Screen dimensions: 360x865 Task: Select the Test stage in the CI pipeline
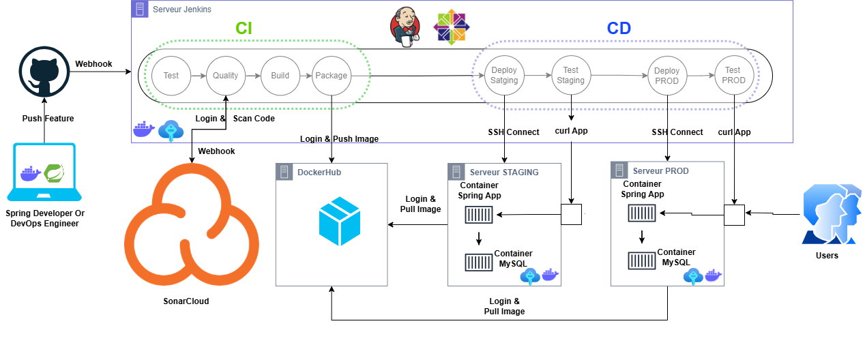coord(171,76)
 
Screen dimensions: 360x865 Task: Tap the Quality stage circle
coord(225,76)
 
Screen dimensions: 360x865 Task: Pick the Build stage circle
coord(280,76)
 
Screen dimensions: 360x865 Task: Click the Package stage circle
coord(331,76)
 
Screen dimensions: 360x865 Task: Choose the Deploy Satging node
coord(504,76)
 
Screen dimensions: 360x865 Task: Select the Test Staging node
coord(570,76)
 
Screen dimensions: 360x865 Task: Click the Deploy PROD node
coord(666,76)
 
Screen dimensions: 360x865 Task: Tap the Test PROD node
coord(733,76)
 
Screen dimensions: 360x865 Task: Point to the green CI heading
coord(244,28)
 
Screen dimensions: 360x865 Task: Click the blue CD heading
coord(619,28)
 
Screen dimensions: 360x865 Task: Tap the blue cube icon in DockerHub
coord(339,222)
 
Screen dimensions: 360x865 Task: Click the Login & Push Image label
coord(339,139)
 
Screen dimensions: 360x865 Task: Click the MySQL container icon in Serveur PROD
coord(641,260)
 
